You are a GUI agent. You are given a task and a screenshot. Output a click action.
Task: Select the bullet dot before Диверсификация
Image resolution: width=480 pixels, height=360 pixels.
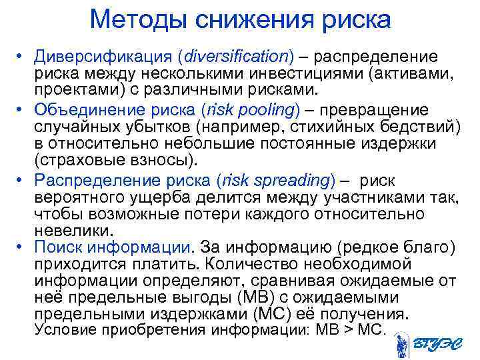22,56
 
